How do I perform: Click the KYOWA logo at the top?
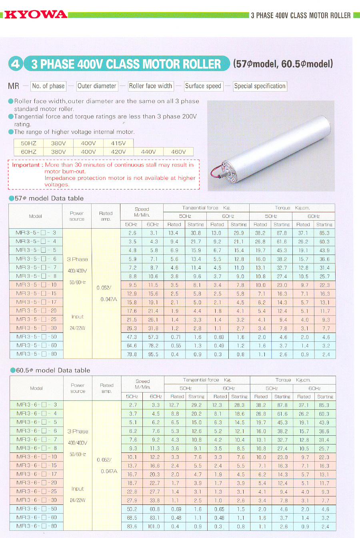36,15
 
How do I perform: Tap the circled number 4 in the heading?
15,64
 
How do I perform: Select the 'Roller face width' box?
150,86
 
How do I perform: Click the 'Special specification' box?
260,86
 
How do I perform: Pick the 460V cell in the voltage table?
178,152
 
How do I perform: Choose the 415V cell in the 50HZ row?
118,143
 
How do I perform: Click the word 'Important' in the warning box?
26,165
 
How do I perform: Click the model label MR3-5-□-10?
36,285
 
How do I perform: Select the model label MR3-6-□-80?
36,526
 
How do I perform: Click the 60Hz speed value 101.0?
154,526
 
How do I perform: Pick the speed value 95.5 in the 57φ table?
153,354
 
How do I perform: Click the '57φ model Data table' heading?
49,198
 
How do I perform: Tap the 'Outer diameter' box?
97,86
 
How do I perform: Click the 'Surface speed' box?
203,86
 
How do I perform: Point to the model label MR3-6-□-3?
36,404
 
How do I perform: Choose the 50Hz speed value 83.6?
132,526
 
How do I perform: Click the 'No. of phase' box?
48,86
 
